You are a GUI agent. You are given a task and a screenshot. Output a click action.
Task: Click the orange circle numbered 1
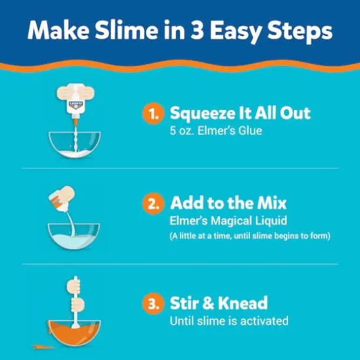[152, 113]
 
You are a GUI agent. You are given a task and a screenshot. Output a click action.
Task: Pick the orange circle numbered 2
[152, 203]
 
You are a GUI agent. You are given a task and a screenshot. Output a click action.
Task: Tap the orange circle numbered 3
[152, 304]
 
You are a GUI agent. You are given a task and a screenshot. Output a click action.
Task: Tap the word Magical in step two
[226, 220]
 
